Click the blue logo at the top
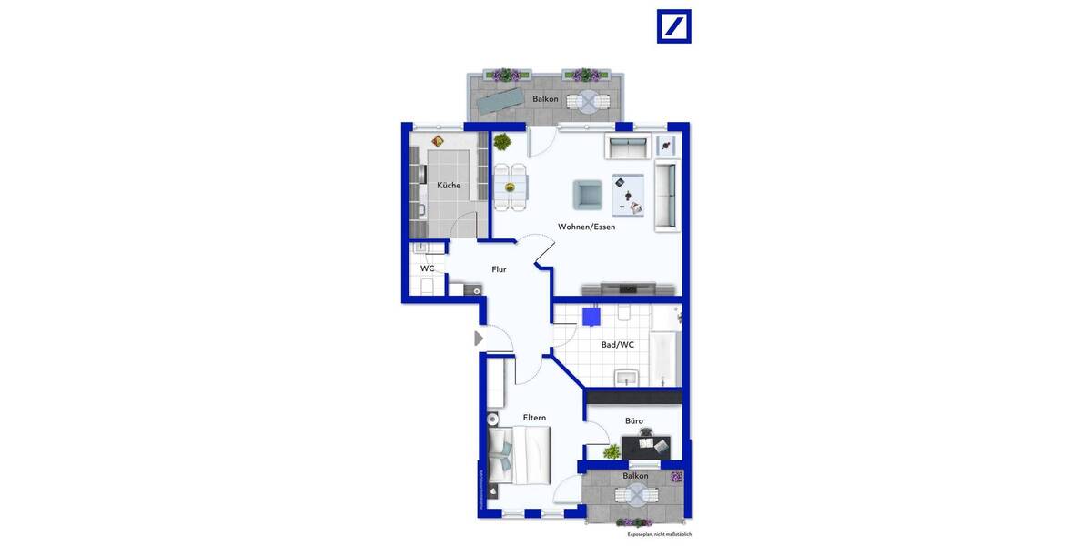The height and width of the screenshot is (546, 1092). click(674, 26)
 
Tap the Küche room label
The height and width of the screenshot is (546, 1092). click(449, 186)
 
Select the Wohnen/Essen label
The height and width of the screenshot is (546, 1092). click(586, 227)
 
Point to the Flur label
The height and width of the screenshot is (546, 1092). click(499, 269)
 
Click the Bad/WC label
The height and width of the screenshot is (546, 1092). click(618, 345)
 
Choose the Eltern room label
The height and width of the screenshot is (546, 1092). click(534, 418)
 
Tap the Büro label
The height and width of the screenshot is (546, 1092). click(634, 421)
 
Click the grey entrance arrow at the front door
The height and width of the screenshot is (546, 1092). click(479, 339)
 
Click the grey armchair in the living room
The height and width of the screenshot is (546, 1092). click(587, 194)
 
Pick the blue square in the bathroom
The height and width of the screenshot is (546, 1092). click(591, 317)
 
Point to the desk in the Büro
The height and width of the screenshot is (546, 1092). click(646, 447)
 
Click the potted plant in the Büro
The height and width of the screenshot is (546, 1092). click(612, 451)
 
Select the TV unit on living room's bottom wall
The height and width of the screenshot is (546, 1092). click(629, 289)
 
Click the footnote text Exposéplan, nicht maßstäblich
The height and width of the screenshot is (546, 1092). click(659, 534)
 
